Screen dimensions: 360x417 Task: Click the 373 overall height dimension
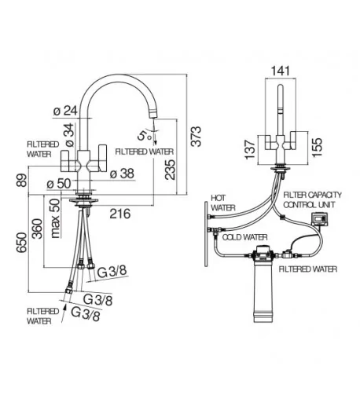197,136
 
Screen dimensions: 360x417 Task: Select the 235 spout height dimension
170,170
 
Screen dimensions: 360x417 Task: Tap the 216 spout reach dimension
120,214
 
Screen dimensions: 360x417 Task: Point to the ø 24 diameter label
65,111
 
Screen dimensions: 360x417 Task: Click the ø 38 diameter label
122,174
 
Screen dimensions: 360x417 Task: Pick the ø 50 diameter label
59,184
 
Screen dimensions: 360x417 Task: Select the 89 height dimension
22,181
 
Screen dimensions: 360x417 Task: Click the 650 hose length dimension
22,243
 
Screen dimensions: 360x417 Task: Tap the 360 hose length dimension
37,229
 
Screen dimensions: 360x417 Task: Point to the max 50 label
55,218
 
